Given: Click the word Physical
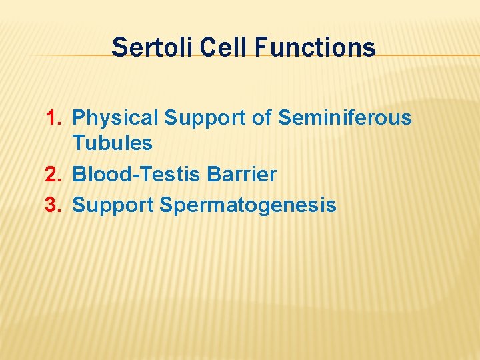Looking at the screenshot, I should tap(115, 119).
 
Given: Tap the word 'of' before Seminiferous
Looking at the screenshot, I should tap(263, 118).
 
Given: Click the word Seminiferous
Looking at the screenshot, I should tap(345, 118).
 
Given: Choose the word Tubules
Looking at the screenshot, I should tap(112, 143).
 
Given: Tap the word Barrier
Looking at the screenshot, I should tap(242, 175).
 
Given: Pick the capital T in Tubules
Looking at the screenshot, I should tap(78, 143).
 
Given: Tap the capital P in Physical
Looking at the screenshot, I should tap(79, 118).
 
